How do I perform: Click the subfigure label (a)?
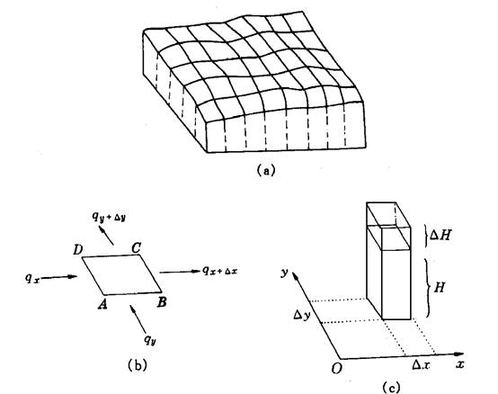[266, 170]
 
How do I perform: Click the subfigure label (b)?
[138, 365]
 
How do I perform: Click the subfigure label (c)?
[390, 388]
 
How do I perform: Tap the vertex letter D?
[77, 250]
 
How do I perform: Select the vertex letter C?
[137, 248]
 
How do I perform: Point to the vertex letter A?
[102, 304]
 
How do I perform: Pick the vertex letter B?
[162, 302]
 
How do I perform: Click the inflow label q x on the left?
[32, 279]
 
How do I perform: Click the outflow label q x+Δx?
[219, 271]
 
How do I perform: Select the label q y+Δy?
[109, 218]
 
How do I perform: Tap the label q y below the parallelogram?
[150, 340]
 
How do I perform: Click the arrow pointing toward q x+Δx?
[180, 272]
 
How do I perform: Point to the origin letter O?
[337, 369]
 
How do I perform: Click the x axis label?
[460, 364]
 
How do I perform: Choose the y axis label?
[284, 273]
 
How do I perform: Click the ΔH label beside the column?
[440, 236]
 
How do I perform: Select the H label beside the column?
[440, 288]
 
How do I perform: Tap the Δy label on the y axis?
[300, 316]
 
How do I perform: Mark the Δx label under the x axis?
[421, 365]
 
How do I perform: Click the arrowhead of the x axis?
[459, 354]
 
